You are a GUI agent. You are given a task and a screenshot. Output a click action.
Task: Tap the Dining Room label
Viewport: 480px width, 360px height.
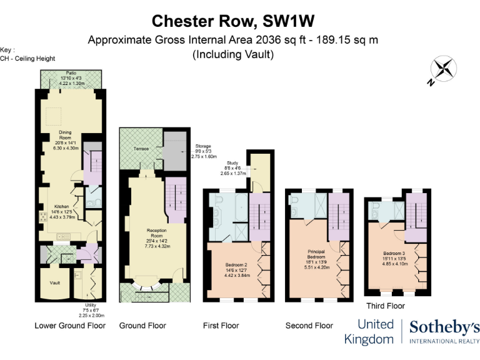click(x=66, y=135)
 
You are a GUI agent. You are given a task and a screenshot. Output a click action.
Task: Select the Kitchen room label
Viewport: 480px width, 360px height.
click(x=61, y=206)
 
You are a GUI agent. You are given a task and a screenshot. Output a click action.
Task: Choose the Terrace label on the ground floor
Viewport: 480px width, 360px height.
click(x=141, y=149)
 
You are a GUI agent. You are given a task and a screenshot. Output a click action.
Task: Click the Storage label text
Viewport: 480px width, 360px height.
click(x=203, y=145)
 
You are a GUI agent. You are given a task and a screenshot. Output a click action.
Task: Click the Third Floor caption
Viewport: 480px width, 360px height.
click(x=386, y=306)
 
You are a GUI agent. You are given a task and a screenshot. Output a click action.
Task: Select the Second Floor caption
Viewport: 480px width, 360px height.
click(x=309, y=326)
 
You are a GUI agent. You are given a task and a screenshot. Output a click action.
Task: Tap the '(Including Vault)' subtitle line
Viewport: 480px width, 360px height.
click(x=232, y=54)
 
